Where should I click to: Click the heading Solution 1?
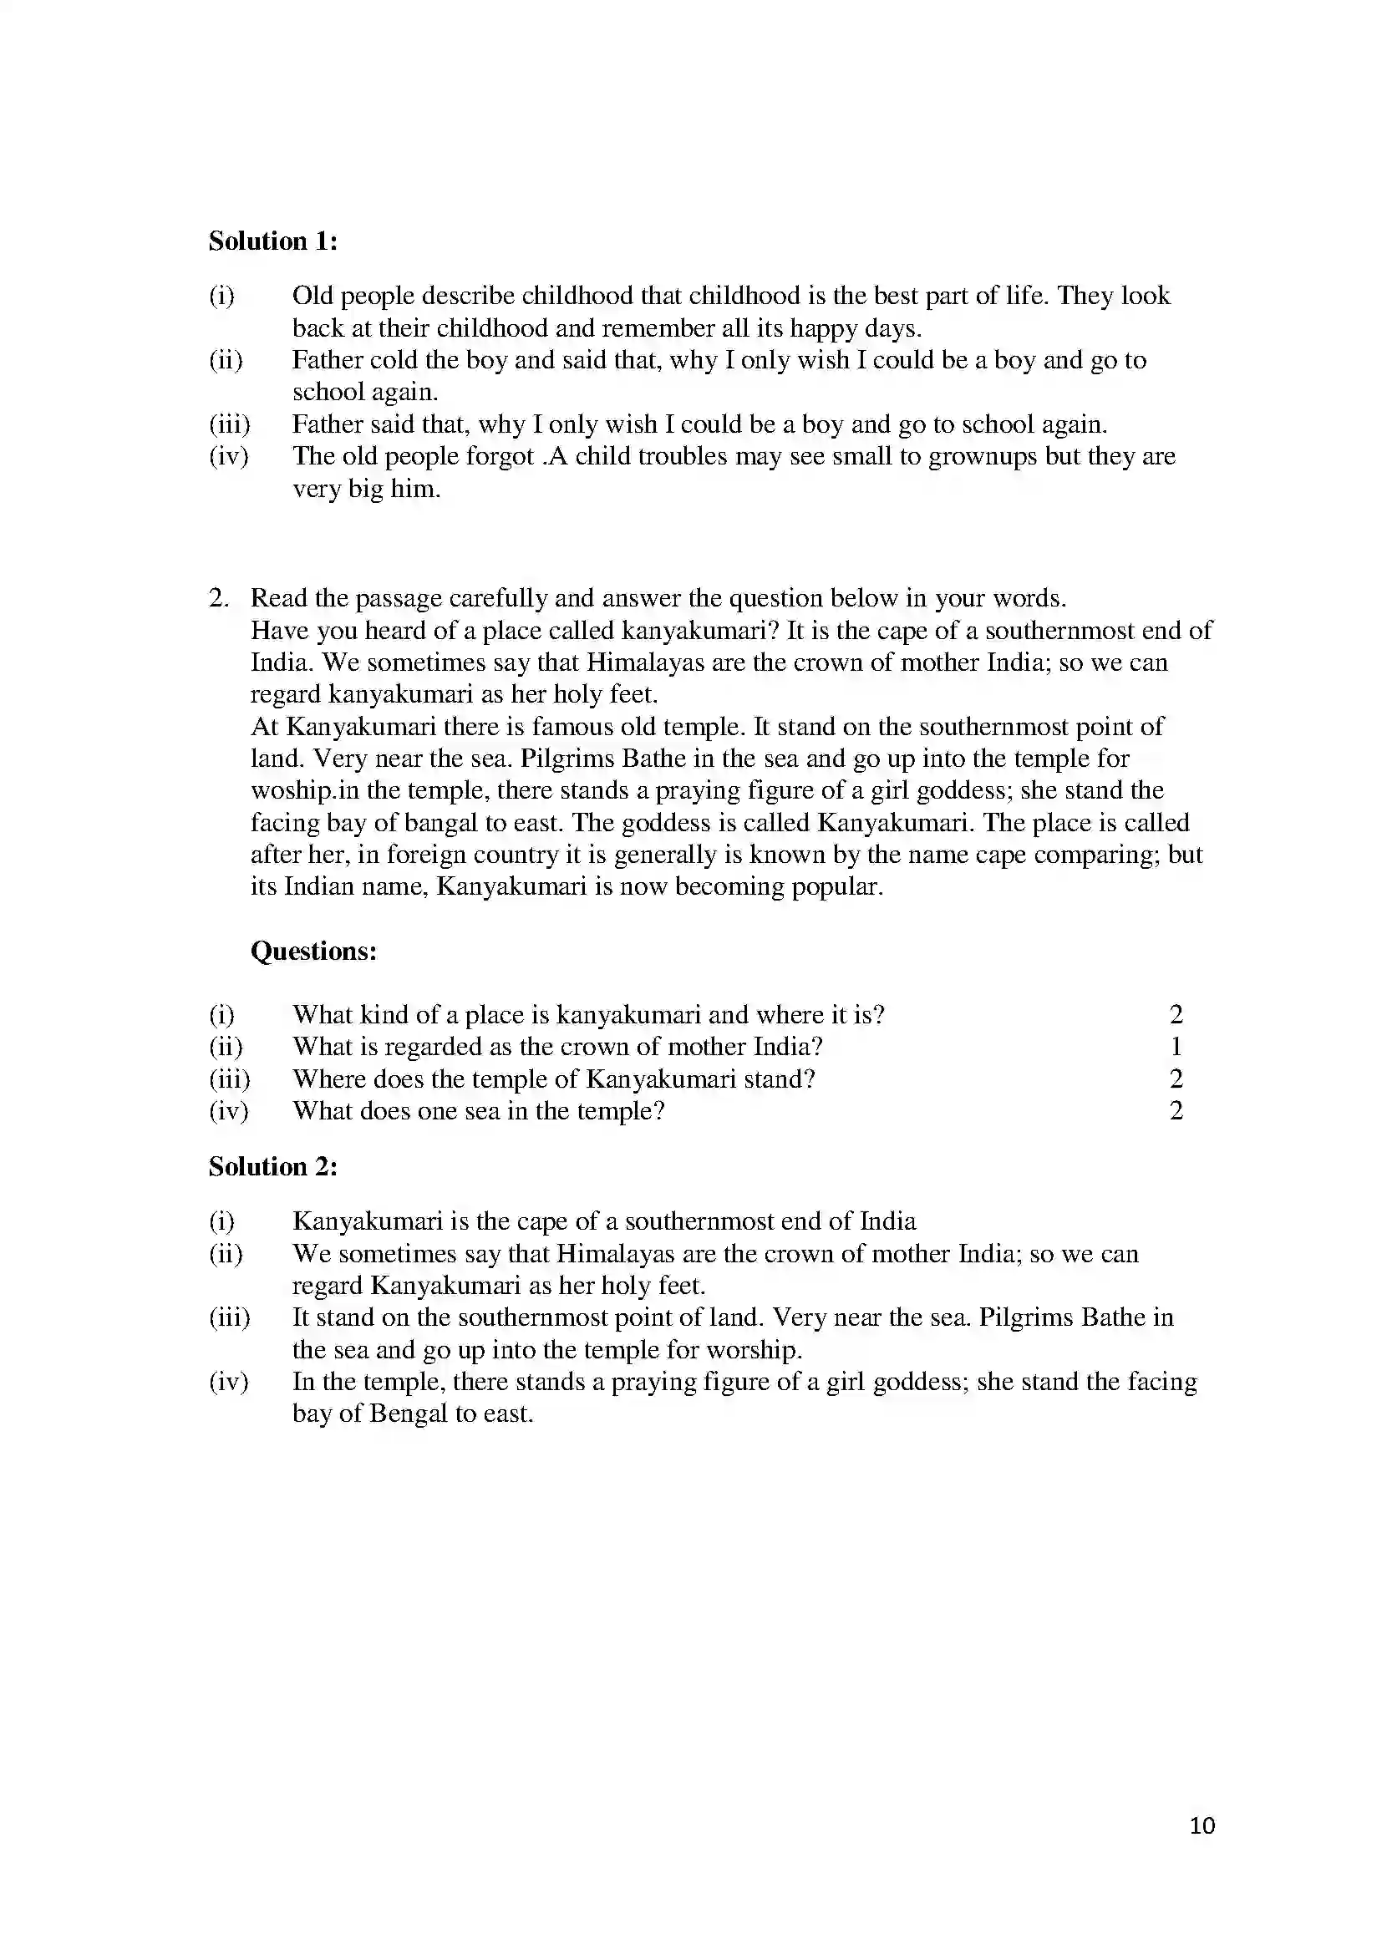click(273, 241)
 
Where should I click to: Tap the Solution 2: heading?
click(273, 1167)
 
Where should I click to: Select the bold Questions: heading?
click(313, 951)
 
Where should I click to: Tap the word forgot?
click(496, 457)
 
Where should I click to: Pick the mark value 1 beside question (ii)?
click(1176, 1047)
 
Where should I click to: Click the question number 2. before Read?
click(219, 598)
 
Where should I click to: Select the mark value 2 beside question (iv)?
click(1176, 1111)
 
